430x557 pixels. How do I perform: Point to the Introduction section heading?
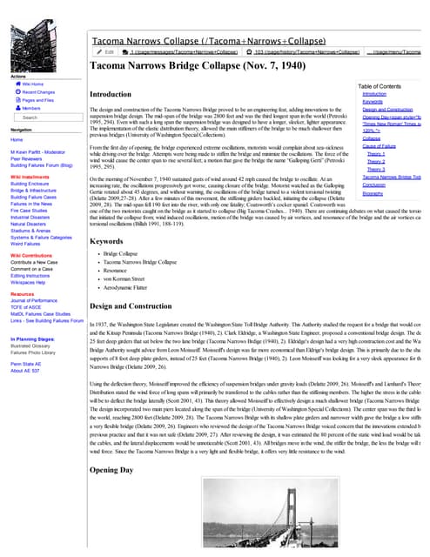111,93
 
